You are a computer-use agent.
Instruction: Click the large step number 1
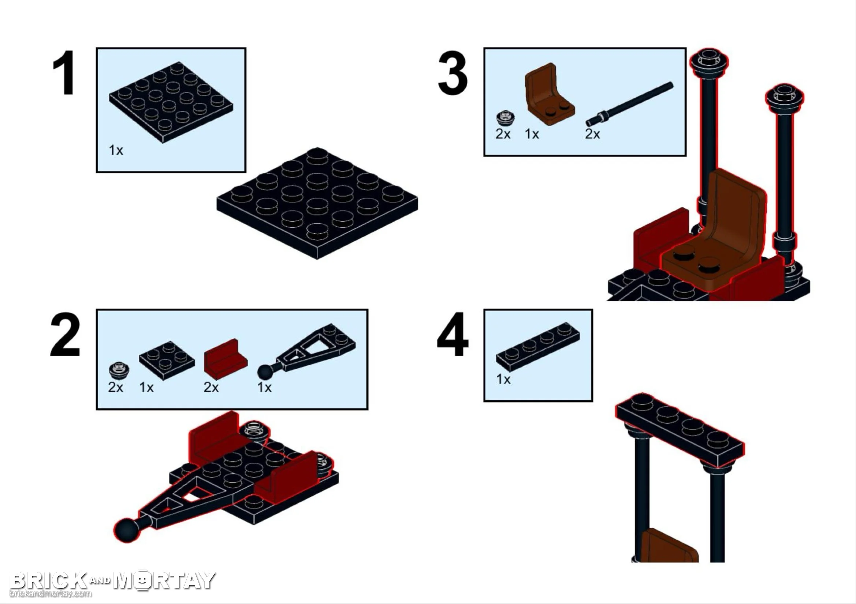pyautogui.click(x=64, y=73)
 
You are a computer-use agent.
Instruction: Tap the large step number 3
pyautogui.click(x=453, y=73)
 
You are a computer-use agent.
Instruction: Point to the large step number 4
pyautogui.click(x=453, y=335)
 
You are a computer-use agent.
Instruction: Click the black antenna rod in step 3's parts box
pyautogui.click(x=629, y=104)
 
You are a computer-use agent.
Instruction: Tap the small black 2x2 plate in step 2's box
pyautogui.click(x=167, y=357)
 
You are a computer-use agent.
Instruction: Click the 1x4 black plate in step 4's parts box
pyautogui.click(x=538, y=346)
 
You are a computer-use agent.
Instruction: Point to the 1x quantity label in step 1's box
pyautogui.click(x=116, y=150)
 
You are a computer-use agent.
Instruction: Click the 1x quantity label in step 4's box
pyautogui.click(x=503, y=380)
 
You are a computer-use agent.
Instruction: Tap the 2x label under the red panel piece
pyautogui.click(x=211, y=388)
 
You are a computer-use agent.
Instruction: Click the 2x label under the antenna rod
pyautogui.click(x=592, y=134)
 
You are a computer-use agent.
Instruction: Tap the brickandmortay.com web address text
pyautogui.click(x=50, y=593)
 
